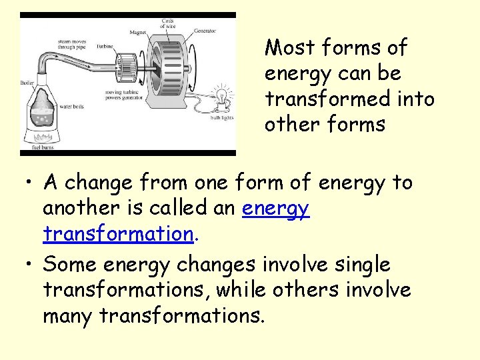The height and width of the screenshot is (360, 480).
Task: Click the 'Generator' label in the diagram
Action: coord(205,31)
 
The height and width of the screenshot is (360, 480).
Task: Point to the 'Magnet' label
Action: coord(139,31)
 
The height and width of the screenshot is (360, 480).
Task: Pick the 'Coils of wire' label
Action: coord(168,24)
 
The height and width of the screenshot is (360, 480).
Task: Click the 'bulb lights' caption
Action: coord(220,118)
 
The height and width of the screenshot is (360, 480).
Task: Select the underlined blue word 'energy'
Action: coord(275,209)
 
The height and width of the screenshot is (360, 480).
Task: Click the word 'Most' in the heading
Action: coord(290,48)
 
